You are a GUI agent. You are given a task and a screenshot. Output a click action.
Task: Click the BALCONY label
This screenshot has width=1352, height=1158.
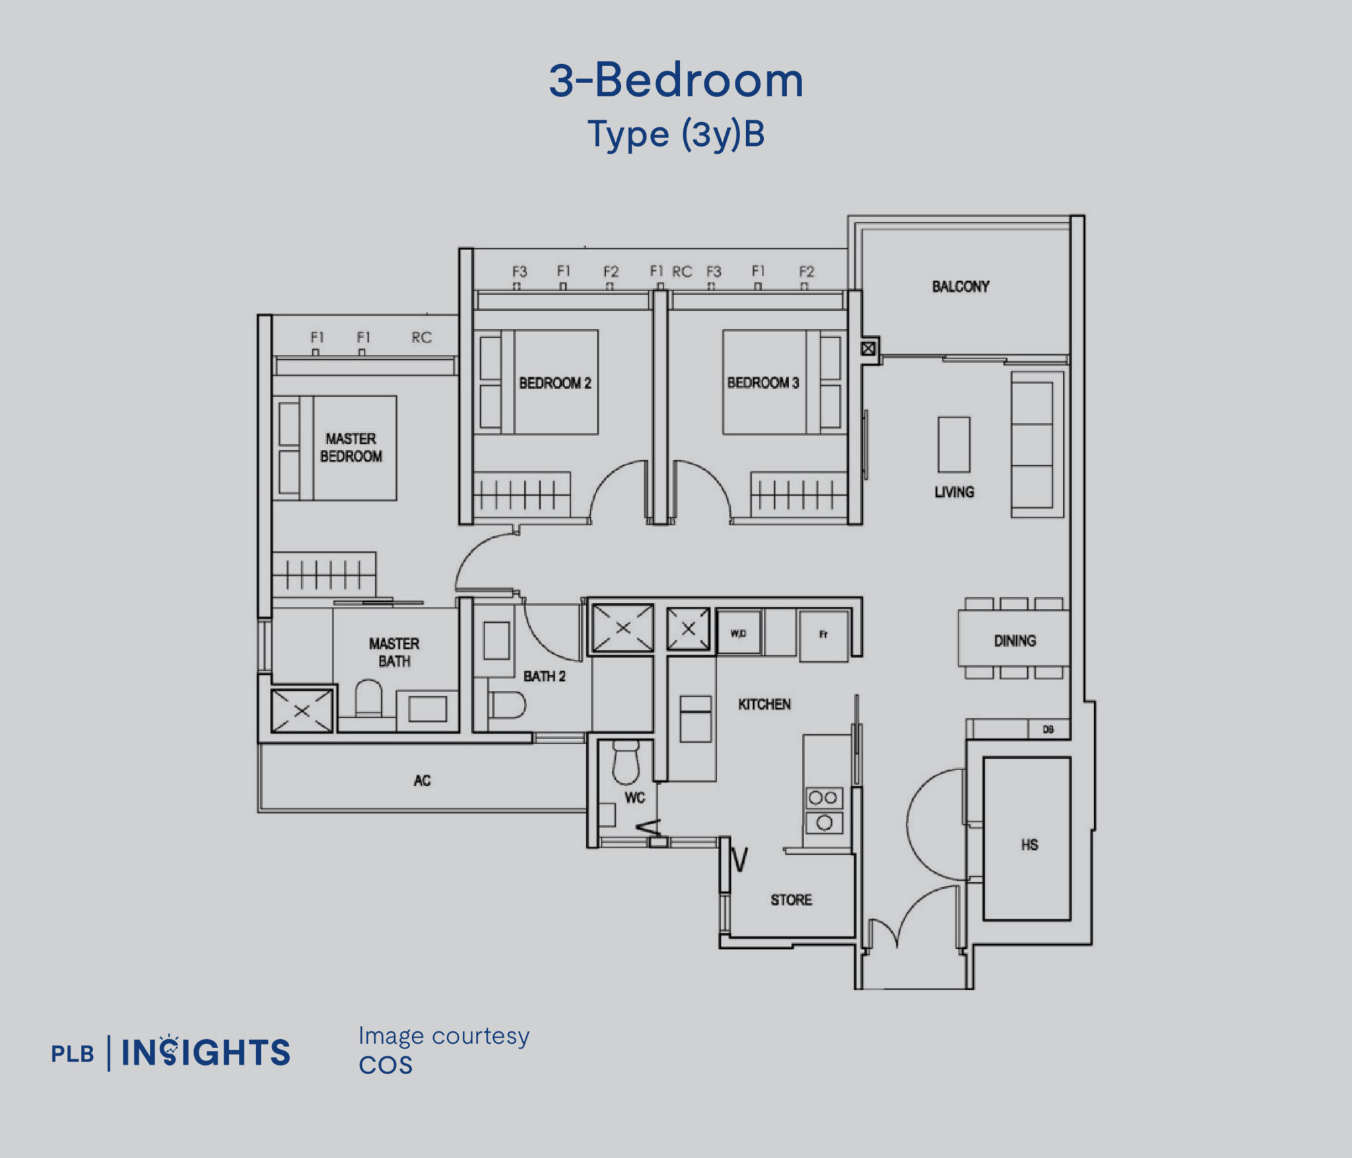(x=961, y=286)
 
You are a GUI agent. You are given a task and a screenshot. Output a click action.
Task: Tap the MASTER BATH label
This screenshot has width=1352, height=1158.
(x=394, y=652)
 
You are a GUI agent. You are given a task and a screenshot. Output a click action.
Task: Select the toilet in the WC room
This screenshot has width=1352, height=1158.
(x=626, y=761)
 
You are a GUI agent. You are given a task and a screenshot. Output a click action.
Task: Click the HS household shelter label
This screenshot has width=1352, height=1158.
(x=1029, y=845)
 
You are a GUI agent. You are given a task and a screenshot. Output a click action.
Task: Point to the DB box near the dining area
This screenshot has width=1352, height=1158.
(x=1048, y=729)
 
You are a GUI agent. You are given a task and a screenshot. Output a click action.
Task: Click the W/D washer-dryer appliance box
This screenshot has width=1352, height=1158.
(x=739, y=633)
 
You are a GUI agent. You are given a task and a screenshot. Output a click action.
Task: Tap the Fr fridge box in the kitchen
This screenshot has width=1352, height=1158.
(x=823, y=635)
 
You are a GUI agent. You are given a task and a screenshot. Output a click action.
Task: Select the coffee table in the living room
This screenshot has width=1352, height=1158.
(x=954, y=444)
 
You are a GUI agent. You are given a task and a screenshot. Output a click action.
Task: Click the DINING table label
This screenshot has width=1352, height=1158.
(x=1015, y=640)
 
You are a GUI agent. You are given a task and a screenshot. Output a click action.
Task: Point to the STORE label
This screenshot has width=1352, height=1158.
(x=791, y=900)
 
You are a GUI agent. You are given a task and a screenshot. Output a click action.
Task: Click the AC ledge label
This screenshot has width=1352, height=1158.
(x=422, y=781)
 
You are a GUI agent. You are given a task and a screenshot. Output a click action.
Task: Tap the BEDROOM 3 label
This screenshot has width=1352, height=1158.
(x=762, y=383)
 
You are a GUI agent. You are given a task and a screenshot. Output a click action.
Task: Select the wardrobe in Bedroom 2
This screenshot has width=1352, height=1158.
(x=522, y=494)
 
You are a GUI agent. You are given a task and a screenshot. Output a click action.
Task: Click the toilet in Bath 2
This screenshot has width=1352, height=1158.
(x=507, y=705)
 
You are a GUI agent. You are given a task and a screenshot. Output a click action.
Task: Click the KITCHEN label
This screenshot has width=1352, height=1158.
(x=764, y=704)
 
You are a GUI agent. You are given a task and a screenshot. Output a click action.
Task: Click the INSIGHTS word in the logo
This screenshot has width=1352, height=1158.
(x=206, y=1052)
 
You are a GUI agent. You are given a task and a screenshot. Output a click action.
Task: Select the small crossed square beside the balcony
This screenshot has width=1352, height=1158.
(x=868, y=348)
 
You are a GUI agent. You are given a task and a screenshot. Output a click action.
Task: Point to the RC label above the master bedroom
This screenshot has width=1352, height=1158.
(x=421, y=338)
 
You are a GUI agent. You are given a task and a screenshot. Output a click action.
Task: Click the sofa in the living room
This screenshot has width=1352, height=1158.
(x=1034, y=445)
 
